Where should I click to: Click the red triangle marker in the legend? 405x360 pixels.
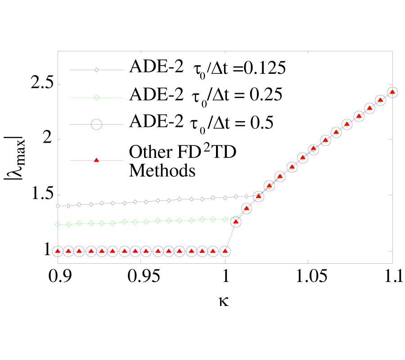point(96,161)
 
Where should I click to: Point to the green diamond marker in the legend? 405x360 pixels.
point(96,96)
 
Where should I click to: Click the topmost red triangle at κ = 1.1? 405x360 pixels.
point(392,92)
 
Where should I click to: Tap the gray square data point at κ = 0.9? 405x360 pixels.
point(57,206)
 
